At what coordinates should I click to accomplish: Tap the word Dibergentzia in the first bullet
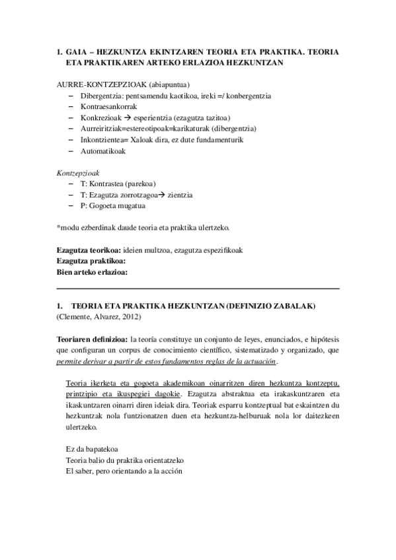(x=103, y=96)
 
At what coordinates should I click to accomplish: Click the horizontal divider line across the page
(x=198, y=289)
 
